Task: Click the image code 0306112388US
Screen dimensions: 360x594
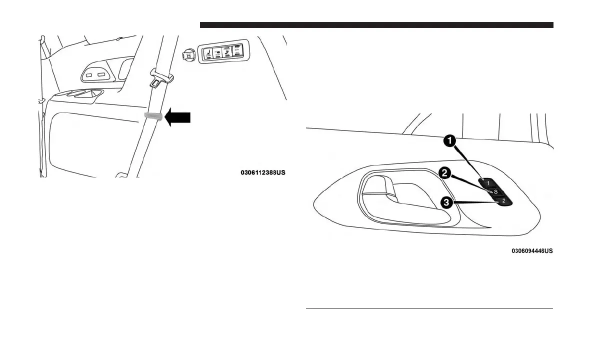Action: pos(263,173)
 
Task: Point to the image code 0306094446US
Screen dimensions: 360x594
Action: pos(532,250)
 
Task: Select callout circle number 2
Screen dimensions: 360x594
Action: pos(443,173)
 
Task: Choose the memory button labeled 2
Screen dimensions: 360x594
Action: pos(503,201)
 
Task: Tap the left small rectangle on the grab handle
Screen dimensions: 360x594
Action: pos(89,75)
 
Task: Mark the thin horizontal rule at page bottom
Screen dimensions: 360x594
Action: pos(429,308)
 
